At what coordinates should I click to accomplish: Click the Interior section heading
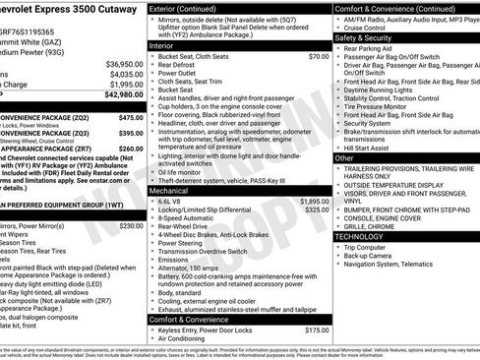coord(162,45)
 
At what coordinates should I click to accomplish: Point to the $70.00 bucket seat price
coord(319,56)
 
